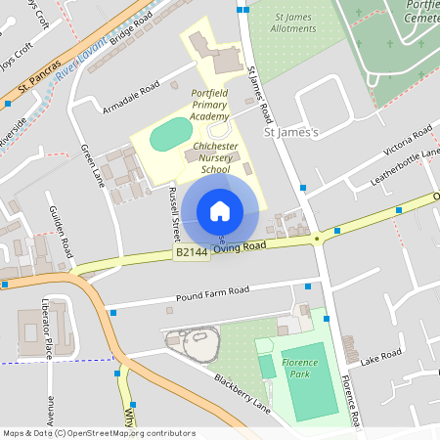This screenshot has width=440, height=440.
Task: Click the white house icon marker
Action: [220, 211]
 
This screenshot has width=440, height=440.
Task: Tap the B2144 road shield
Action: [192, 252]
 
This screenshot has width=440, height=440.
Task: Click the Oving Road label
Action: [241, 247]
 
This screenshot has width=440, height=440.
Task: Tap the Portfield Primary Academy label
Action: [210, 104]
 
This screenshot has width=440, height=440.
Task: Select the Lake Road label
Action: [380, 357]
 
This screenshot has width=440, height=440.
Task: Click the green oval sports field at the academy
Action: [172, 132]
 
